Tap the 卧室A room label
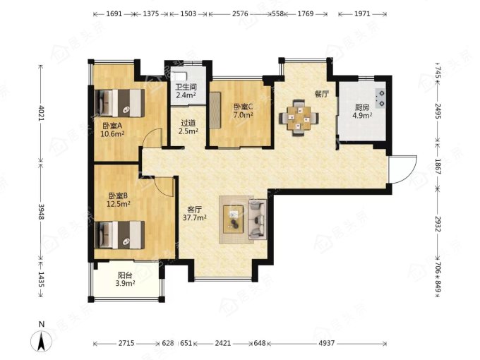tap(112, 126)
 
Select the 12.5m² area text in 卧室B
tap(119, 203)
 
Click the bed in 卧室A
tap(120, 103)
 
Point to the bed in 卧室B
tap(120, 235)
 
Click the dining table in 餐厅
tap(299, 117)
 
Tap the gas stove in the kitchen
tap(380, 98)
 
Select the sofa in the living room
tap(257, 219)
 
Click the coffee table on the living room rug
tap(234, 220)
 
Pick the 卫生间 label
tap(186, 87)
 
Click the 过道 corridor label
tap(188, 123)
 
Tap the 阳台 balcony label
tap(125, 275)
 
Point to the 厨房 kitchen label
tap(362, 107)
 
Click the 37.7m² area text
tap(194, 217)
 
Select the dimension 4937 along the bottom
tap(327, 343)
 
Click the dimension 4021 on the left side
tap(41, 113)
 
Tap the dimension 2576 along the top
tap(240, 14)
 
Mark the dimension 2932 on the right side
tap(438, 224)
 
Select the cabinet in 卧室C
tap(215, 110)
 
